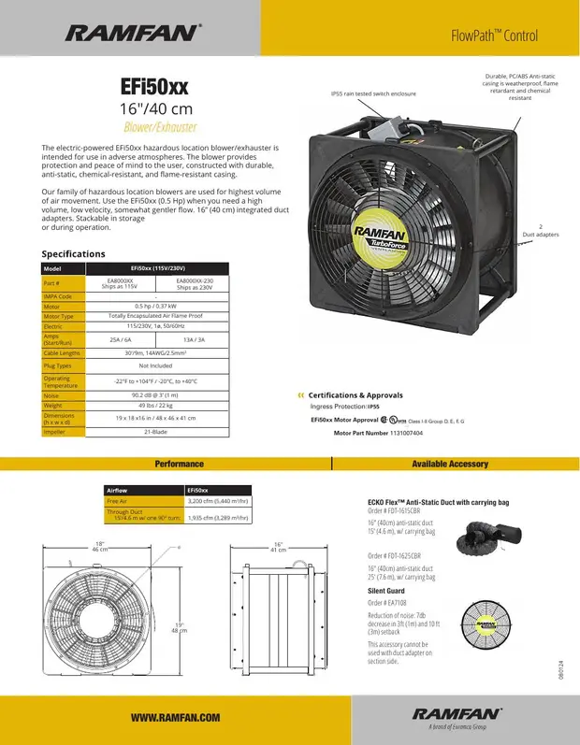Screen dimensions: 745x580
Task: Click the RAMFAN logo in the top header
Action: coord(131,34)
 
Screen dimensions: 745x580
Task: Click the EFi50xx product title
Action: coord(154,87)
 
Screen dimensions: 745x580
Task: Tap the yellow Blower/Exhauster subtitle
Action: coord(154,127)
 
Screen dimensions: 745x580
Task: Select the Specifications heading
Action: coord(74,253)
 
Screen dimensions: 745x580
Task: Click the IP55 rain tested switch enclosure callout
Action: coord(373,93)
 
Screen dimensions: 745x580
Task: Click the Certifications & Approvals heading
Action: coord(355,395)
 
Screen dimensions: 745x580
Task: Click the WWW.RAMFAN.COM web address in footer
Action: coord(175,717)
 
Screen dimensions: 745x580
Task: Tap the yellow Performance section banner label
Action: coord(179,464)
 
